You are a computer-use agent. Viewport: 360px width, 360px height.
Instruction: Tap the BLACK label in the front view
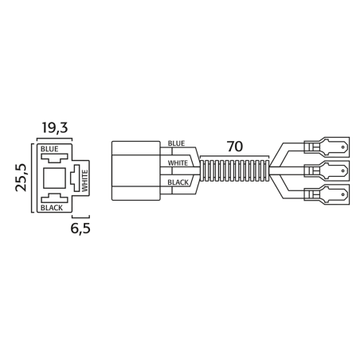[52, 208]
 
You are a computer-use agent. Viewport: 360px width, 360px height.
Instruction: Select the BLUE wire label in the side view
[176, 144]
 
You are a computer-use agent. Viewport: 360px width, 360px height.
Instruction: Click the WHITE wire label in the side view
[178, 163]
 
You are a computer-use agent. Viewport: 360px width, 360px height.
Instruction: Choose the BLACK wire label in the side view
[178, 182]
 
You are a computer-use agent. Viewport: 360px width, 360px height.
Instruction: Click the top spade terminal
[327, 147]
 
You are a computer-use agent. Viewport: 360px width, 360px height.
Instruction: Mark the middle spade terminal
[327, 170]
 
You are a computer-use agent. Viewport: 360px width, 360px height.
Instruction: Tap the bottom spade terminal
[327, 194]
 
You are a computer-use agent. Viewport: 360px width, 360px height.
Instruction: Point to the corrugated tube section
[235, 170]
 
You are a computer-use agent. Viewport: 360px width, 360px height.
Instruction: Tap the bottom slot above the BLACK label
[55, 196]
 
